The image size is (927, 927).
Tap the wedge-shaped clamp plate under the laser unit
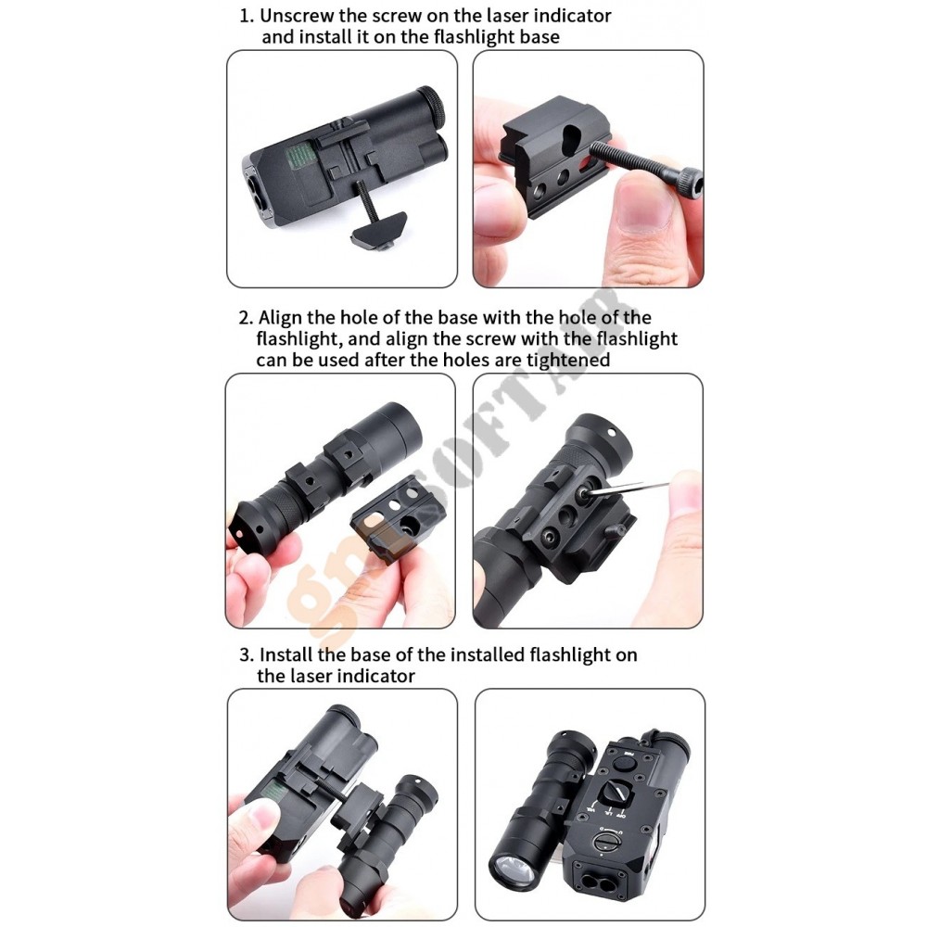378,229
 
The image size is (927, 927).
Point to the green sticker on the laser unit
303,160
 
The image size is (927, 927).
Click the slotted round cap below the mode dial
606,840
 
